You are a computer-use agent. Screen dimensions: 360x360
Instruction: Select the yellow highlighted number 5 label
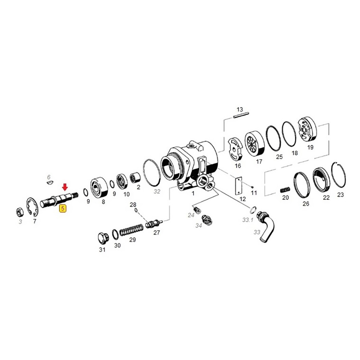point(63,208)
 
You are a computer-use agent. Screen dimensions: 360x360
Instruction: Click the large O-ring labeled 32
point(153,171)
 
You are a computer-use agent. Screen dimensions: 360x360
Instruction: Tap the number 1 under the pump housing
point(193,193)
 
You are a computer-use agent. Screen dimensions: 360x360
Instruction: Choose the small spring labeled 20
point(285,189)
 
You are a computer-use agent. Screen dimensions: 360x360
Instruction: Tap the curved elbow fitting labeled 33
point(267,226)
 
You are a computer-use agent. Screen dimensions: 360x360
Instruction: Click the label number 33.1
point(248,220)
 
